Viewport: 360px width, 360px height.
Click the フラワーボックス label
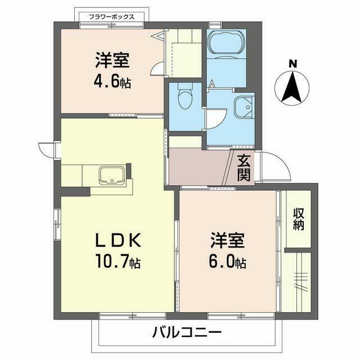111,17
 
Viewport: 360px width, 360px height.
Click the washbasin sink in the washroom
244,107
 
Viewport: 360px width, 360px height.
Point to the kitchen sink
112,175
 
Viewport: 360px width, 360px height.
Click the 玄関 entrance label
244,168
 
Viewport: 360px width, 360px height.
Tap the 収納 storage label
299,219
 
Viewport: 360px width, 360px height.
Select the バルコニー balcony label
187,332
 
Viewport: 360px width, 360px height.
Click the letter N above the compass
292,64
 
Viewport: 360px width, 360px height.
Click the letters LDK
118,240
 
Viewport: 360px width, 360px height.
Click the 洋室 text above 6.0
227,240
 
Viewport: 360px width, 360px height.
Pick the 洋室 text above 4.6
112,60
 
